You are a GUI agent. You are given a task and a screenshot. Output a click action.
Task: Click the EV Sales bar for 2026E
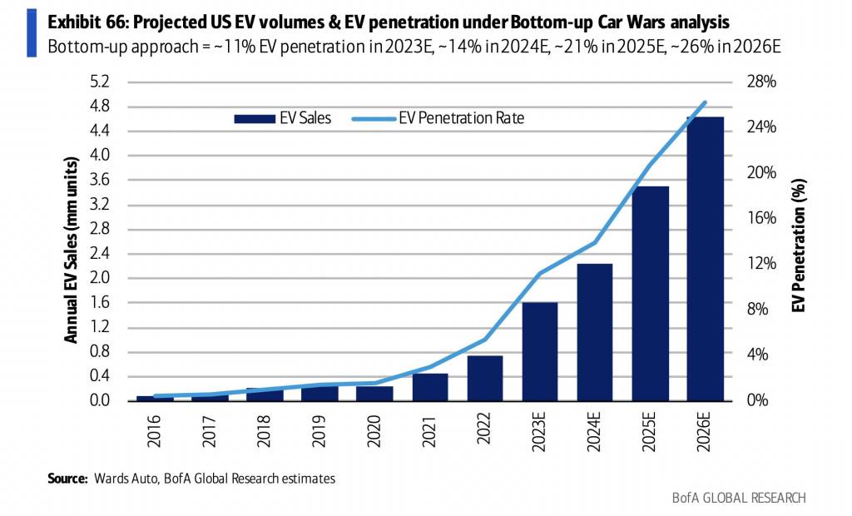pos(705,259)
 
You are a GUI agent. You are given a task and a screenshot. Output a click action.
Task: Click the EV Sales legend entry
pos(283,118)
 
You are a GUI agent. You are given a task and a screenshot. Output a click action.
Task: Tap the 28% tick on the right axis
pos(760,82)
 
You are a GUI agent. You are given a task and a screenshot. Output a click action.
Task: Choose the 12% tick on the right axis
pos(760,264)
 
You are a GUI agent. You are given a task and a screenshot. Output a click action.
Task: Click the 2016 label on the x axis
pos(155,430)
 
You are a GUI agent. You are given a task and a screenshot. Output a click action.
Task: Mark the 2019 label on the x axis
pos(319,430)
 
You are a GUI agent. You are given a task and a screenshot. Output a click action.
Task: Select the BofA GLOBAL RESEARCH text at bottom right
pos(739,498)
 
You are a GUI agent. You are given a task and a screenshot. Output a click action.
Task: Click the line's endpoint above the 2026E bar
pos(705,102)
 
